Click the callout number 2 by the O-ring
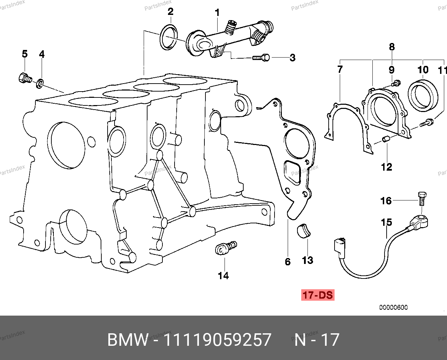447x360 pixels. (x=170, y=12)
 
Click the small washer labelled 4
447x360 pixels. (x=41, y=83)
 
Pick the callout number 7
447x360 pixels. (x=340, y=69)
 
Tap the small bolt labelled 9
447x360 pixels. (x=396, y=83)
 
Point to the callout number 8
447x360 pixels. (x=392, y=47)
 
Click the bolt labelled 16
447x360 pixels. (x=422, y=197)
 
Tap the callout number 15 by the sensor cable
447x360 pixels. (x=387, y=222)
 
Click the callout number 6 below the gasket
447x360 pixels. (x=287, y=262)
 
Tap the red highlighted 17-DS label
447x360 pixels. (x=318, y=295)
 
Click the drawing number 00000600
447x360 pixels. (x=393, y=307)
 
